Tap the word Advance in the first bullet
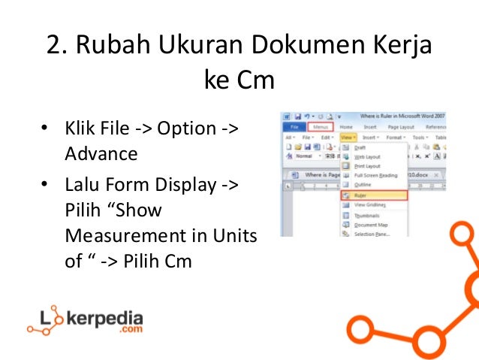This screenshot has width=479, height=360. click(101, 154)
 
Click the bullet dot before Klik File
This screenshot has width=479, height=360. click(45, 129)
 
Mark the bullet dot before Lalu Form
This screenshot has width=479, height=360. click(45, 184)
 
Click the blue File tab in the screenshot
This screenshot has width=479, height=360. click(293, 128)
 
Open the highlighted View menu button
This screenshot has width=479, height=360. click(348, 138)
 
